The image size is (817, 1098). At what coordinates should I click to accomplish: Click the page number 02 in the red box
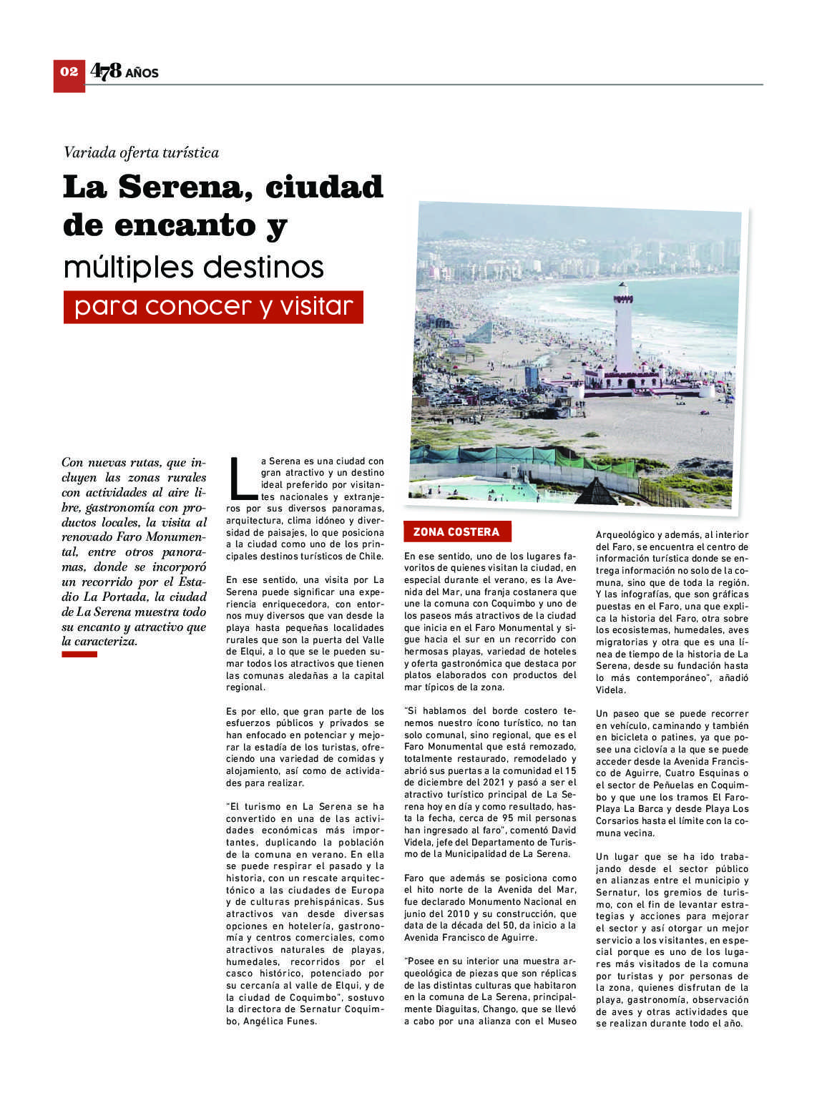[69, 72]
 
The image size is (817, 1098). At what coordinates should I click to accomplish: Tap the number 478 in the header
[106, 71]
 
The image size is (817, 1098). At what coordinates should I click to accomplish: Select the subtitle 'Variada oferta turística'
[141, 152]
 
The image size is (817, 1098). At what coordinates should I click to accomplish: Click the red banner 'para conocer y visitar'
[213, 307]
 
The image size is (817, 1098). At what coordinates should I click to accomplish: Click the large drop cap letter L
[241, 477]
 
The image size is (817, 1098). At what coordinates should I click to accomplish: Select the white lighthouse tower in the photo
[624, 325]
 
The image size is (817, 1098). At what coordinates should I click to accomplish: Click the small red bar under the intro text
[79, 655]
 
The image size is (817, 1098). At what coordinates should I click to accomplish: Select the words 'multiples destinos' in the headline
[194, 267]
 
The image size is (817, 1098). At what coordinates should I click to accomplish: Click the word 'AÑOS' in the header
[142, 73]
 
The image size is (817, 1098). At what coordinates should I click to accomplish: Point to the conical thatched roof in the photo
[596, 491]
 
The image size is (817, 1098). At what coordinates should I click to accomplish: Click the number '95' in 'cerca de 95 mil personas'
[509, 818]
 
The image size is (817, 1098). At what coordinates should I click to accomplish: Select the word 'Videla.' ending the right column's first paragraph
[611, 690]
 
